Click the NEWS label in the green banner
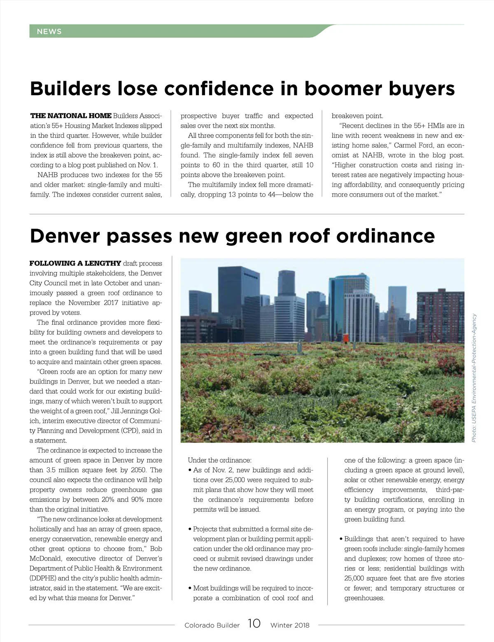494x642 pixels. (49, 32)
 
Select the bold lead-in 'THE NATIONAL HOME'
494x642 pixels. (70, 116)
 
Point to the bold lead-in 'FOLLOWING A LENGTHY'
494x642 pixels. (75, 263)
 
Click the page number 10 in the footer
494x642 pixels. (254, 624)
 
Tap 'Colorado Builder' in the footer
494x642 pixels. (212, 625)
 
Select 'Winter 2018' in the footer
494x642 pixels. (290, 625)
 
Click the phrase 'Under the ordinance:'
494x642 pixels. (219, 460)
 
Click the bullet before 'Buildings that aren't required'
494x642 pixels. (341, 539)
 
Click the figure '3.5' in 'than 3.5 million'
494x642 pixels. (53, 470)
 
